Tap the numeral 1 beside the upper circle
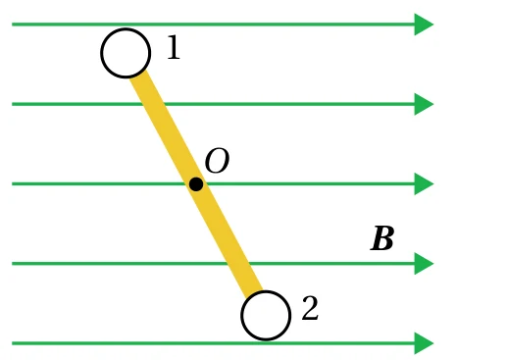click(174, 47)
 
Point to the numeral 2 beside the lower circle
click(310, 308)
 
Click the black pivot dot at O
click(196, 184)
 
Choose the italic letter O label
click(217, 160)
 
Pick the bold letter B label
click(382, 238)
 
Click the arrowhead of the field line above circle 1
click(424, 25)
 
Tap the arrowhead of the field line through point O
click(424, 183)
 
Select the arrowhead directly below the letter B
click(424, 264)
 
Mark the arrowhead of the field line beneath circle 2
click(424, 343)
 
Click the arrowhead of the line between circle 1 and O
click(424, 104)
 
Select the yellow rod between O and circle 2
click(229, 240)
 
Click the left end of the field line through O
click(13, 183)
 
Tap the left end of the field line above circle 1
click(13, 25)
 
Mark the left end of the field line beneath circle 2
click(13, 343)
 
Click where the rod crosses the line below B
click(238, 264)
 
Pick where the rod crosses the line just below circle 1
click(153, 104)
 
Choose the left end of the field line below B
click(13, 264)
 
